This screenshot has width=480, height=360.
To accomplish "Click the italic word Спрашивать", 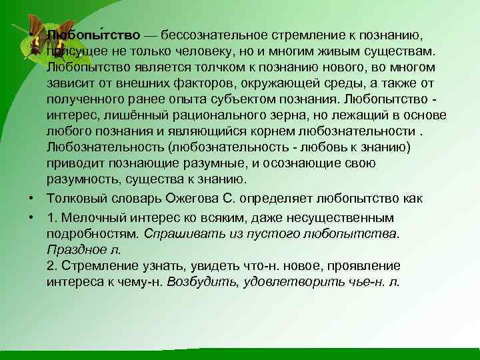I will pyautogui.click(x=176, y=233).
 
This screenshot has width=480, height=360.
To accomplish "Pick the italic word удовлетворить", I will pyautogui.click(x=297, y=281).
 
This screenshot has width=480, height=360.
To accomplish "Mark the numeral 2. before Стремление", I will pyautogui.click(x=52, y=265).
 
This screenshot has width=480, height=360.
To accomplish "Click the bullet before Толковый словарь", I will pyautogui.click(x=31, y=199).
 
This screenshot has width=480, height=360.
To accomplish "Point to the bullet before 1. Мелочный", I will pyautogui.click(x=31, y=217).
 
